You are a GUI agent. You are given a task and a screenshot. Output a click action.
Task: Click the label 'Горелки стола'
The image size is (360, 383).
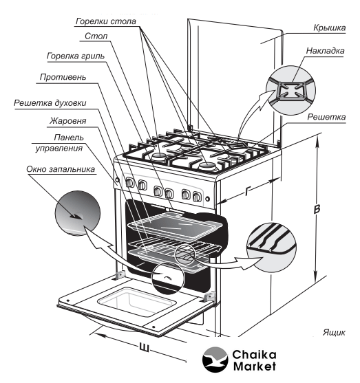(105, 21)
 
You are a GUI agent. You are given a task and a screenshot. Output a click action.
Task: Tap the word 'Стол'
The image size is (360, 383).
(96, 36)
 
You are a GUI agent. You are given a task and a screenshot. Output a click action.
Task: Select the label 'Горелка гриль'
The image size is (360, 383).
(76, 56)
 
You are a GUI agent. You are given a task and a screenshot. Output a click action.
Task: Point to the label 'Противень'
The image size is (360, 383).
(63, 77)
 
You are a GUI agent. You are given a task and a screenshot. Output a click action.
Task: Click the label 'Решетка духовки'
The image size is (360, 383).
(50, 103)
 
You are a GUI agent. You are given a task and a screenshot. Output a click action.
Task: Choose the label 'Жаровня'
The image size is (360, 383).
(68, 121)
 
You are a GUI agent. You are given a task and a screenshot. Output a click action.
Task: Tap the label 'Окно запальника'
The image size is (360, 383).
(61, 169)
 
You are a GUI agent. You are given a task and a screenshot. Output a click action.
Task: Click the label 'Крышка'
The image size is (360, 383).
(330, 28)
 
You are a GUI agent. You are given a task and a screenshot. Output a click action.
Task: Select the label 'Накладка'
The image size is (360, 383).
(326, 51)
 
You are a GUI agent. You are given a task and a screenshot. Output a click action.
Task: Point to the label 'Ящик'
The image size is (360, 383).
(334, 332)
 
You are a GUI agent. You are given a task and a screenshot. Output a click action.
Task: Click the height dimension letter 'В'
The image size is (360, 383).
(317, 209)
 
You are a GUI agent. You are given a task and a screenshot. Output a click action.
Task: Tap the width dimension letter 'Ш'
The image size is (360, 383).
(145, 347)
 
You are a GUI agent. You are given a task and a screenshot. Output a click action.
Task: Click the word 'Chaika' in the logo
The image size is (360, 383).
(254, 355)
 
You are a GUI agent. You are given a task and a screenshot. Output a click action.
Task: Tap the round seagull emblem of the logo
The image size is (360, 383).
(215, 359)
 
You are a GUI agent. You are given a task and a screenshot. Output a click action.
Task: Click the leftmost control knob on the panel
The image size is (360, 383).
(129, 183)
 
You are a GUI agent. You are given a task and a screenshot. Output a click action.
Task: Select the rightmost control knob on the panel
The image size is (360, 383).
(197, 197)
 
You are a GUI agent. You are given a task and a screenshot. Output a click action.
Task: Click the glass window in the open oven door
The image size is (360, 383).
(137, 302)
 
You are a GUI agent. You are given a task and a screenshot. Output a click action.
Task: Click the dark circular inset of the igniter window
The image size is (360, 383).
(78, 213)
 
